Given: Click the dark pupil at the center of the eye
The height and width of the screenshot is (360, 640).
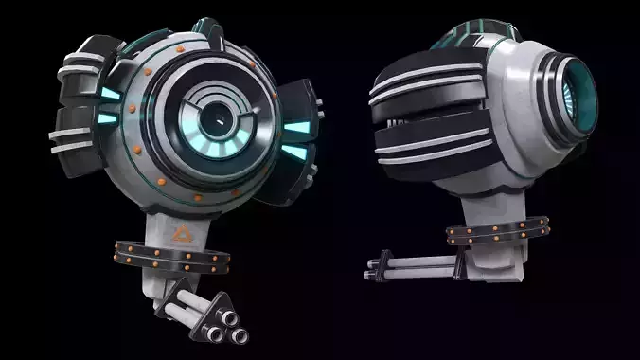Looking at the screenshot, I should point(218,119).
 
